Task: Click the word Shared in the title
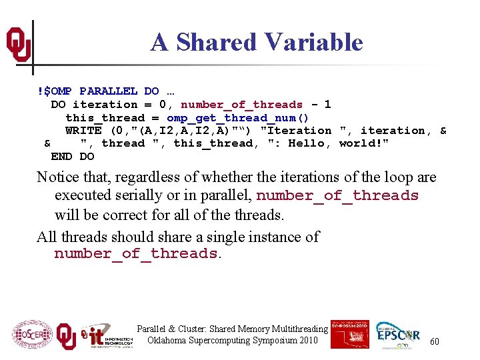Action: [217, 42]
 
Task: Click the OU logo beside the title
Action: [18, 45]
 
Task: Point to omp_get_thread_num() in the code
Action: [237, 117]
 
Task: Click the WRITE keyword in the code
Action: [83, 131]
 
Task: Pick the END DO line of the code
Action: [73, 157]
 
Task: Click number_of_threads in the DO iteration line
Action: [241, 105]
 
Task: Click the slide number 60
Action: [434, 341]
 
